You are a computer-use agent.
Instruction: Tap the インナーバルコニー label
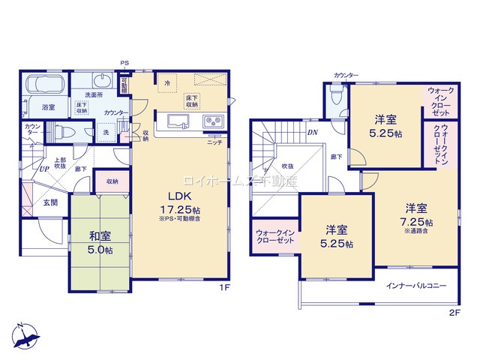click(x=416, y=286)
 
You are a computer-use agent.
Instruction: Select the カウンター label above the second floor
click(x=346, y=75)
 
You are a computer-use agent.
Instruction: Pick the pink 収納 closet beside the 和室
click(x=112, y=181)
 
